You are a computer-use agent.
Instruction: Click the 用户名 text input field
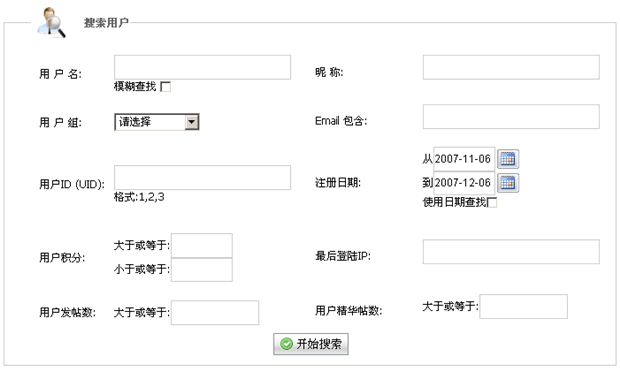tap(202, 67)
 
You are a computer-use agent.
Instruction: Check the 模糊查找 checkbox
tap(166, 87)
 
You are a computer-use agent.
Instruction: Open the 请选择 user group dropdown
tap(157, 122)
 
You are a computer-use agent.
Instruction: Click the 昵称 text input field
tap(511, 67)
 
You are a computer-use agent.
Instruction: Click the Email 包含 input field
tap(511, 117)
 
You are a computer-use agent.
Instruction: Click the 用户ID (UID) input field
tap(202, 178)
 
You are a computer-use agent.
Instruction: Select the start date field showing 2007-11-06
tap(464, 159)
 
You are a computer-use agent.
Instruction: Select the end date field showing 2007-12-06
tap(464, 183)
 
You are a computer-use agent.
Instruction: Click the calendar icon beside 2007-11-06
tap(508, 159)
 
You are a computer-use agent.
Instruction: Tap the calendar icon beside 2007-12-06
tap(508, 183)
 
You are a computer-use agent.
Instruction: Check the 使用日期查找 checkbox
tap(492, 203)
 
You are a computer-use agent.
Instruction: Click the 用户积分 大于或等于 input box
tap(202, 246)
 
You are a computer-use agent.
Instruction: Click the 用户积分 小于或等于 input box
tap(202, 270)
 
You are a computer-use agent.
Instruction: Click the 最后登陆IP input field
tap(511, 252)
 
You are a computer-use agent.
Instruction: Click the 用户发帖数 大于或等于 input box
tap(215, 313)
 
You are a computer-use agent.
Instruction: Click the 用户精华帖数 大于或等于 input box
tap(524, 307)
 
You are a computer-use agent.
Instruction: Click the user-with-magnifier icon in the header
tap(51, 23)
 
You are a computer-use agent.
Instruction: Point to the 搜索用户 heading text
tap(106, 23)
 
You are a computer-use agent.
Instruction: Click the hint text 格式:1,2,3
tap(139, 197)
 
